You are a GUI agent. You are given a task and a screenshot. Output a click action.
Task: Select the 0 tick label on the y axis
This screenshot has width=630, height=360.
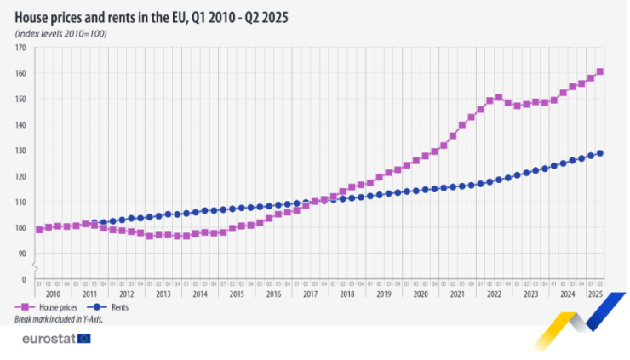24,279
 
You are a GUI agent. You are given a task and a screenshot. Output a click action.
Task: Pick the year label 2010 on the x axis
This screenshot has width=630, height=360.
53,294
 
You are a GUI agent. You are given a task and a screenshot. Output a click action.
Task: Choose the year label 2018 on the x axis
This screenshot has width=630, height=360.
346,294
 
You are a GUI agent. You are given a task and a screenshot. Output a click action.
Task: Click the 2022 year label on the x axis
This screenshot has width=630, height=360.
494,294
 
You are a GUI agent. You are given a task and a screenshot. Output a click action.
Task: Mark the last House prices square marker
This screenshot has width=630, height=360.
600,71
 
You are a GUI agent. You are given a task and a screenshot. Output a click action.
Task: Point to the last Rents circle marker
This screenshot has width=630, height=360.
600,153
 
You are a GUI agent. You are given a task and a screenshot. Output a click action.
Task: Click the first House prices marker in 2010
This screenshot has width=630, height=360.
39,229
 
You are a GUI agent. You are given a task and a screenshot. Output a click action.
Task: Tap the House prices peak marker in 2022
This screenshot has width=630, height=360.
499,97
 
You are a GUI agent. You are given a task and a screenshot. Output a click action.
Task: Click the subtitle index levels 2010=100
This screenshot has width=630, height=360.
60,32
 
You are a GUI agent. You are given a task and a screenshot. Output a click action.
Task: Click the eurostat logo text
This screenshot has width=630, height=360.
48,338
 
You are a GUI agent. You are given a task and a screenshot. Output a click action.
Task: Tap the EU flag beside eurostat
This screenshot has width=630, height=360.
83,338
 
